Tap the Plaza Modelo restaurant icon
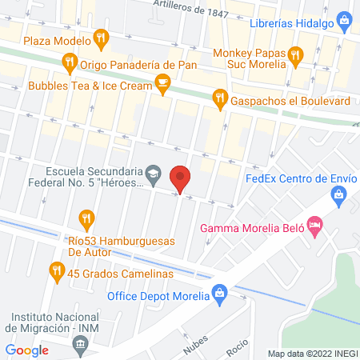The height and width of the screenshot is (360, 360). pyautogui.click(x=100, y=37)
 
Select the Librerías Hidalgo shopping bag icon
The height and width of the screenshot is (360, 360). pyautogui.click(x=343, y=18)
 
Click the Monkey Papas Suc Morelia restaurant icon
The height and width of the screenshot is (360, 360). pyautogui.click(x=296, y=55)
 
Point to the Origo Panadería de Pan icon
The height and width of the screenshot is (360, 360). pyautogui.click(x=70, y=61)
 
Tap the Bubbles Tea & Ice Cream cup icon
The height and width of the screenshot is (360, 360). pyautogui.click(x=162, y=82)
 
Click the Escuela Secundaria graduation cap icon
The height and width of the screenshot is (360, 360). pyautogui.click(x=153, y=172)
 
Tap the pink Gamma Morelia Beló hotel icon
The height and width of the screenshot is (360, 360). pyautogui.click(x=316, y=228)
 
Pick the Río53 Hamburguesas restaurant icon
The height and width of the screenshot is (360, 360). pyautogui.click(x=86, y=218)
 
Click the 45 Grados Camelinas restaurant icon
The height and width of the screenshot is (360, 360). pyautogui.click(x=56, y=271)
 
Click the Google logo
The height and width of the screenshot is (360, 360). pyautogui.click(x=27, y=350)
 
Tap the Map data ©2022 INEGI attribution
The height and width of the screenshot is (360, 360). pyautogui.click(x=312, y=354)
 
